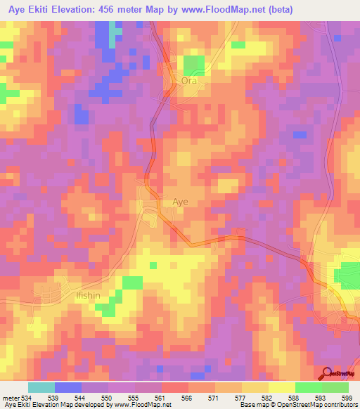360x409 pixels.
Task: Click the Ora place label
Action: [190, 81]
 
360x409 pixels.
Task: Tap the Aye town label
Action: [181, 202]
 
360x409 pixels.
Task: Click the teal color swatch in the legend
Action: [41, 387]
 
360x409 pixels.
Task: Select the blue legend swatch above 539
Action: [67, 387]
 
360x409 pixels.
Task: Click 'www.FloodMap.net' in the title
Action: [220, 10]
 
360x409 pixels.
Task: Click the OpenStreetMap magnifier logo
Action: [327, 373]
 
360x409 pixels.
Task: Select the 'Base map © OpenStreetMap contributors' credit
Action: [297, 405]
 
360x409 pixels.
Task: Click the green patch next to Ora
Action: [194, 65]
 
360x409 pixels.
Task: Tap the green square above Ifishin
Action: [132, 283]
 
